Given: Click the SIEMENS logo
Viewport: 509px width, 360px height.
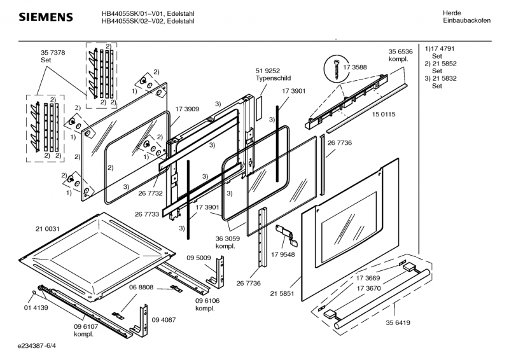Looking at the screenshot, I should pyautogui.click(x=45, y=17).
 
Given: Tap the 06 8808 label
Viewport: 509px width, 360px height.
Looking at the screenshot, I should pyautogui.click(x=142, y=287).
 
